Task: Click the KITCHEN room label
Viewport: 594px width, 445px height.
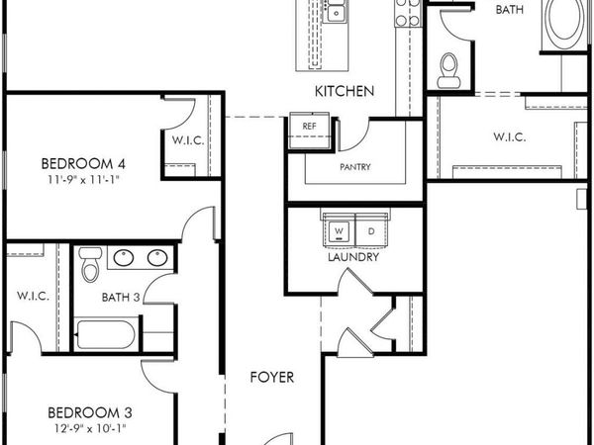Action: pyautogui.click(x=345, y=92)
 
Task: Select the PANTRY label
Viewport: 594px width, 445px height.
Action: pyautogui.click(x=354, y=167)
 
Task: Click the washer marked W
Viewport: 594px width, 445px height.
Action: pyautogui.click(x=339, y=231)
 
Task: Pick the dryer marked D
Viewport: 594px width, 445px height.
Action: pyautogui.click(x=369, y=231)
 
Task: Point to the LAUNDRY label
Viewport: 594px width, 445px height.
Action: pyautogui.click(x=353, y=257)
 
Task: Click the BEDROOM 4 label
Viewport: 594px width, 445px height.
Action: pyautogui.click(x=88, y=164)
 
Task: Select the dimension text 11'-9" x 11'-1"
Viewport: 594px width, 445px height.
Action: pyautogui.click(x=88, y=180)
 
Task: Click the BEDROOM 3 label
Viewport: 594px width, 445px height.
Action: pyautogui.click(x=88, y=412)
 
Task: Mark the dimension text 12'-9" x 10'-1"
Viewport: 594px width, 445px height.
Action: pyautogui.click(x=88, y=428)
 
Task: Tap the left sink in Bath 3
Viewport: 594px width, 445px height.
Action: pyautogui.click(x=125, y=258)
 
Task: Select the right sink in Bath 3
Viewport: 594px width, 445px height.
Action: pyautogui.click(x=157, y=258)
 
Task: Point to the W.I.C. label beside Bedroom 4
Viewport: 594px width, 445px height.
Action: pyautogui.click(x=187, y=140)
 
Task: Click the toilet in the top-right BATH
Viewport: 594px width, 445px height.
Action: pyautogui.click(x=448, y=67)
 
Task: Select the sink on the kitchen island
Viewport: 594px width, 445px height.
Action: pyautogui.click(x=338, y=13)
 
